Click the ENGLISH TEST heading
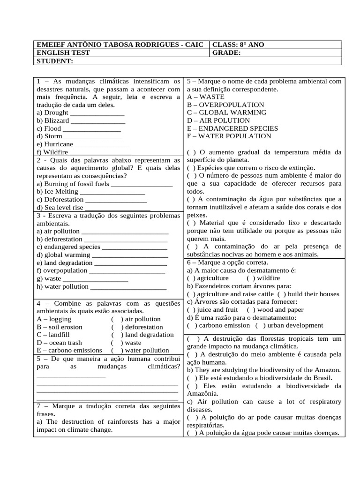click(x=63, y=53)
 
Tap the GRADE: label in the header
click(x=227, y=53)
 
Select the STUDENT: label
click(x=54, y=61)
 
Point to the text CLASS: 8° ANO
click(x=238, y=45)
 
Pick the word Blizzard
click(x=59, y=120)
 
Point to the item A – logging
click(x=54, y=319)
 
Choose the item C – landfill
click(x=53, y=335)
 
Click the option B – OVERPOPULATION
click(x=225, y=105)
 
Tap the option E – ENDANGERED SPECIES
click(x=232, y=128)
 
